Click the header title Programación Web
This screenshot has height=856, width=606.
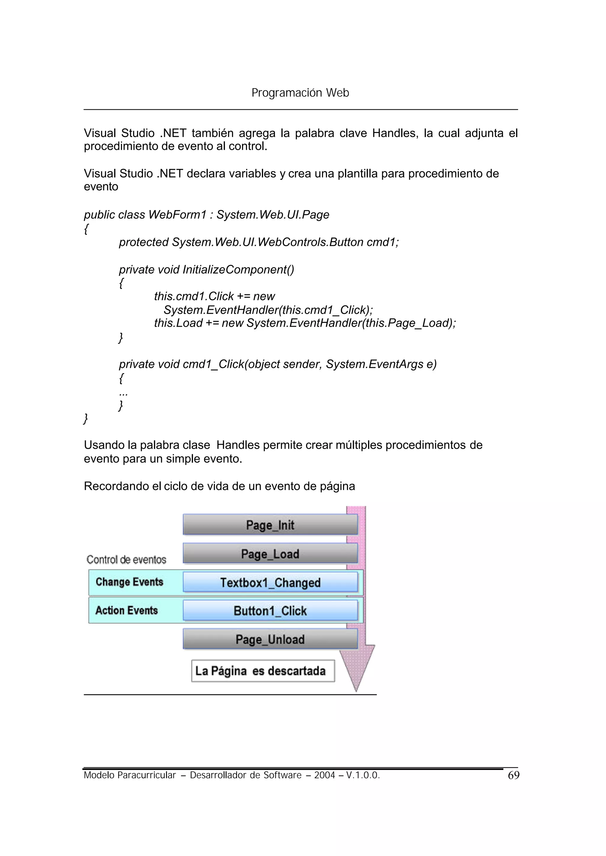click(300, 93)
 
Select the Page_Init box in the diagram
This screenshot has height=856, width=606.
click(270, 525)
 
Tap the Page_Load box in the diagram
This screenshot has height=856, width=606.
click(270, 553)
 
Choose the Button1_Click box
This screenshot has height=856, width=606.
click(270, 610)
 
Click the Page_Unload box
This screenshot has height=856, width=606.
click(270, 639)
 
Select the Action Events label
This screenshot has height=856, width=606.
click(127, 610)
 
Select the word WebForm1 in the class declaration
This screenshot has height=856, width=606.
click(177, 215)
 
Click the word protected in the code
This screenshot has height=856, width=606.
click(144, 242)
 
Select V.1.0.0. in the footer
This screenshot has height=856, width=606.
click(363, 776)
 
